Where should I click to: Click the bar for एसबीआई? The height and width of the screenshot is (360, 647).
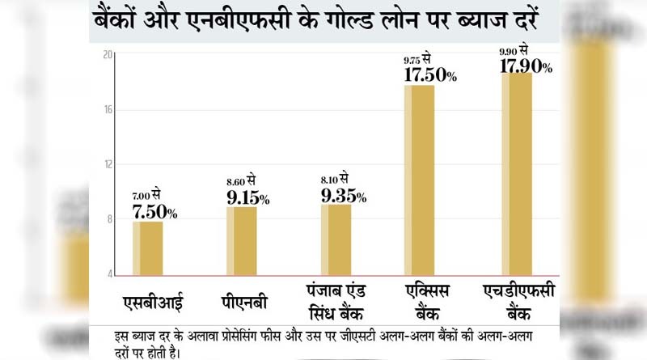(x=147, y=248)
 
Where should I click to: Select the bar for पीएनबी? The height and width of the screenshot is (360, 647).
(x=242, y=241)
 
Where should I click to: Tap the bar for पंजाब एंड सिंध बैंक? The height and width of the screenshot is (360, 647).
(x=336, y=240)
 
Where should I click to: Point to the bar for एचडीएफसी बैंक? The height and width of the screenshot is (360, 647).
(x=517, y=174)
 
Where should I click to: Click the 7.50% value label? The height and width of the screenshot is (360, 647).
(x=154, y=212)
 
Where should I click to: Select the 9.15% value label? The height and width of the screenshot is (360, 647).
(x=248, y=197)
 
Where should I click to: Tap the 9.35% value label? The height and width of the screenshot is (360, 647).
(x=344, y=196)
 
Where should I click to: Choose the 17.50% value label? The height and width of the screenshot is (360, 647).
(x=429, y=75)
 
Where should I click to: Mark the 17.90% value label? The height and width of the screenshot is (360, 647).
(x=526, y=67)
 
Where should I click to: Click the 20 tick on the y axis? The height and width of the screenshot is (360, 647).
(x=108, y=54)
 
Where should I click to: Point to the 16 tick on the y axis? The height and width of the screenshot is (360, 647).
(x=108, y=109)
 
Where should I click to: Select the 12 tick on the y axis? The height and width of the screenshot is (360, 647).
(x=108, y=164)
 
